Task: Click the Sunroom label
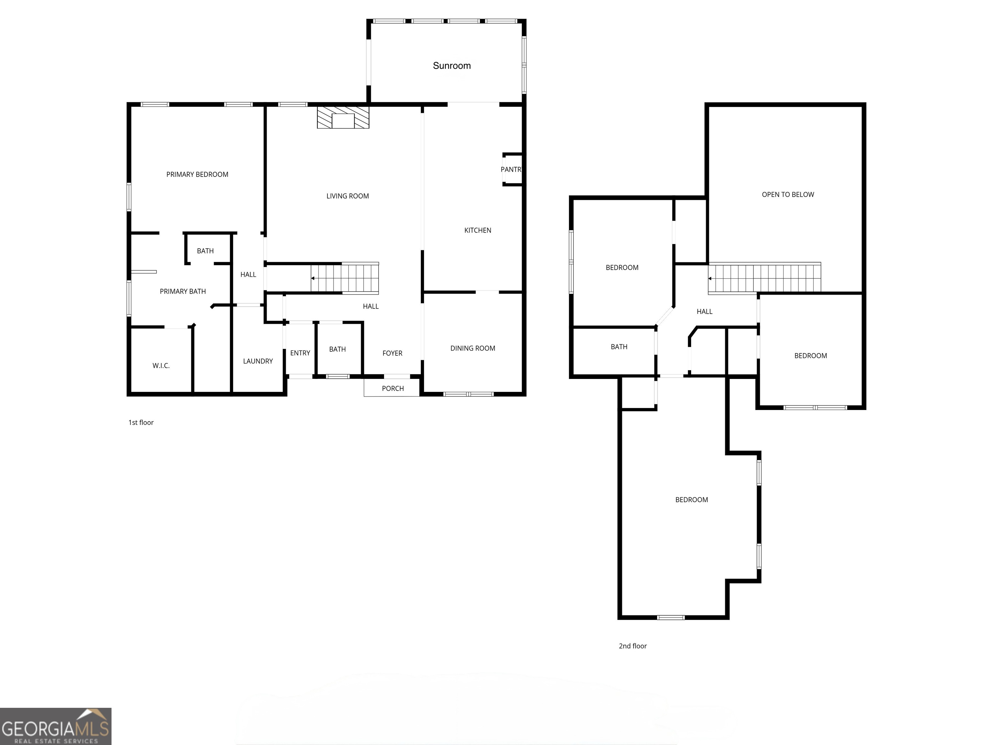tap(452, 66)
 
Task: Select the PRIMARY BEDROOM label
tap(197, 174)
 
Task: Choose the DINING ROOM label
tap(472, 348)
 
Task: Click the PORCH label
tap(392, 388)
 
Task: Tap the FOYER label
tap(392, 353)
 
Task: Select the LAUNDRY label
tap(258, 361)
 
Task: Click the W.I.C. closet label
tap(161, 365)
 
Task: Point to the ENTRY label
tap(300, 353)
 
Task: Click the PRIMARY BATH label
tap(183, 291)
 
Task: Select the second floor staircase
tap(764, 278)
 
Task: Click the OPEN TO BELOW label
tap(787, 194)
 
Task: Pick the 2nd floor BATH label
tap(619, 347)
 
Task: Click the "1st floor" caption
tap(141, 423)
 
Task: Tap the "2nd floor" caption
tap(633, 646)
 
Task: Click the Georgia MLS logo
tap(55, 726)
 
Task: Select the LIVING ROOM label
tap(347, 196)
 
